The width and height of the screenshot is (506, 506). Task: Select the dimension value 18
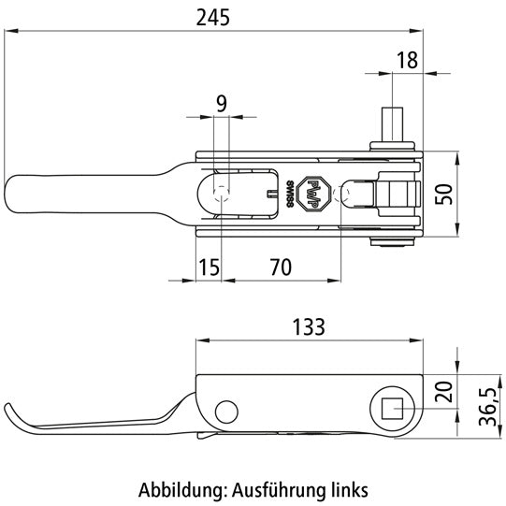pyautogui.click(x=407, y=61)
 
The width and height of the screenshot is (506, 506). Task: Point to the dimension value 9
pyautogui.click(x=221, y=104)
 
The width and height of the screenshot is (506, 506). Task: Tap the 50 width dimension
pyautogui.click(x=478, y=194)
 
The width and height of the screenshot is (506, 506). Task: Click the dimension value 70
pyautogui.click(x=280, y=267)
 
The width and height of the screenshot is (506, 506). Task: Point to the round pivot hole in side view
pyautogui.click(x=225, y=409)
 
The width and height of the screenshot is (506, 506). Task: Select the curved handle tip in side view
pyautogui.click(x=15, y=417)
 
